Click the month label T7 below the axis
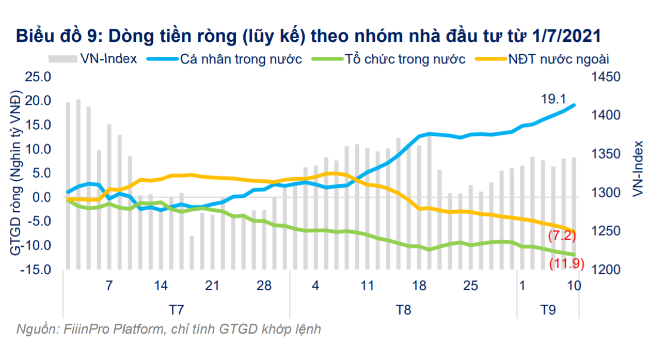[x=177, y=310]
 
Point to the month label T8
[x=404, y=310]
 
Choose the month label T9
[x=548, y=310]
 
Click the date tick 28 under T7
[x=264, y=286]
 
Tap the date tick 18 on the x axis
[x=419, y=286]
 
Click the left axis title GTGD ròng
[x=15, y=174]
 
